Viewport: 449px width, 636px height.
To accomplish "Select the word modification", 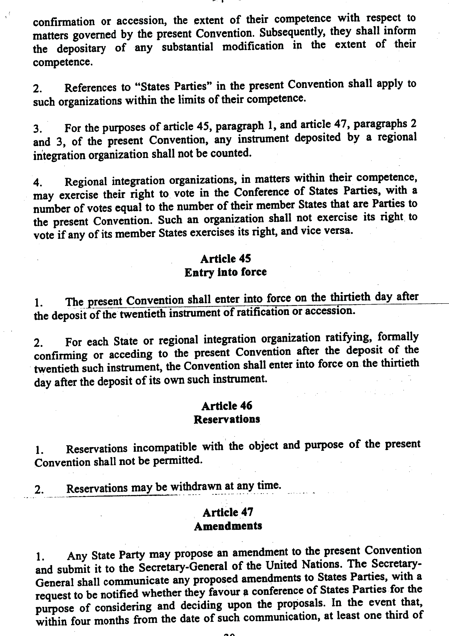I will [253, 46].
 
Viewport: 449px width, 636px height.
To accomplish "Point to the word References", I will [90, 88].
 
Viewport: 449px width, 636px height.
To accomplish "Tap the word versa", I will [340, 231].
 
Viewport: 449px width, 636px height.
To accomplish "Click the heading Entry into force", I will [225, 272].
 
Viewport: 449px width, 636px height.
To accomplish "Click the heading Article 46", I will [227, 406].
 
